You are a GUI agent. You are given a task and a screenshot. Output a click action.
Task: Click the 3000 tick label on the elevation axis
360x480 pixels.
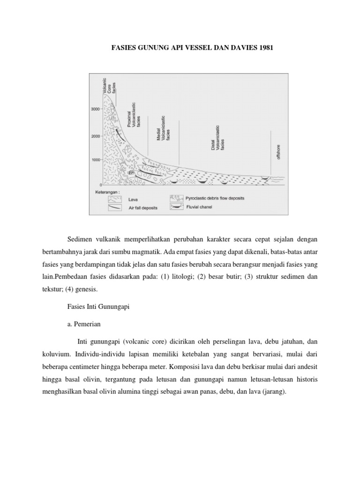click(95, 109)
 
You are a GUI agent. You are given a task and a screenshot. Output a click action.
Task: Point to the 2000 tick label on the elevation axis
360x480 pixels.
click(95, 136)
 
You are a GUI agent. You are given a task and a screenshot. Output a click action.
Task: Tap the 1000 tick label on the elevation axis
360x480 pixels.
click(95, 160)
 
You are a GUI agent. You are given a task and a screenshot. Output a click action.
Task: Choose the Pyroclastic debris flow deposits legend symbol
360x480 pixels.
click(177, 198)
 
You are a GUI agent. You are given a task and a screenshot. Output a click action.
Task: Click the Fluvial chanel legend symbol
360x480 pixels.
click(177, 207)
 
